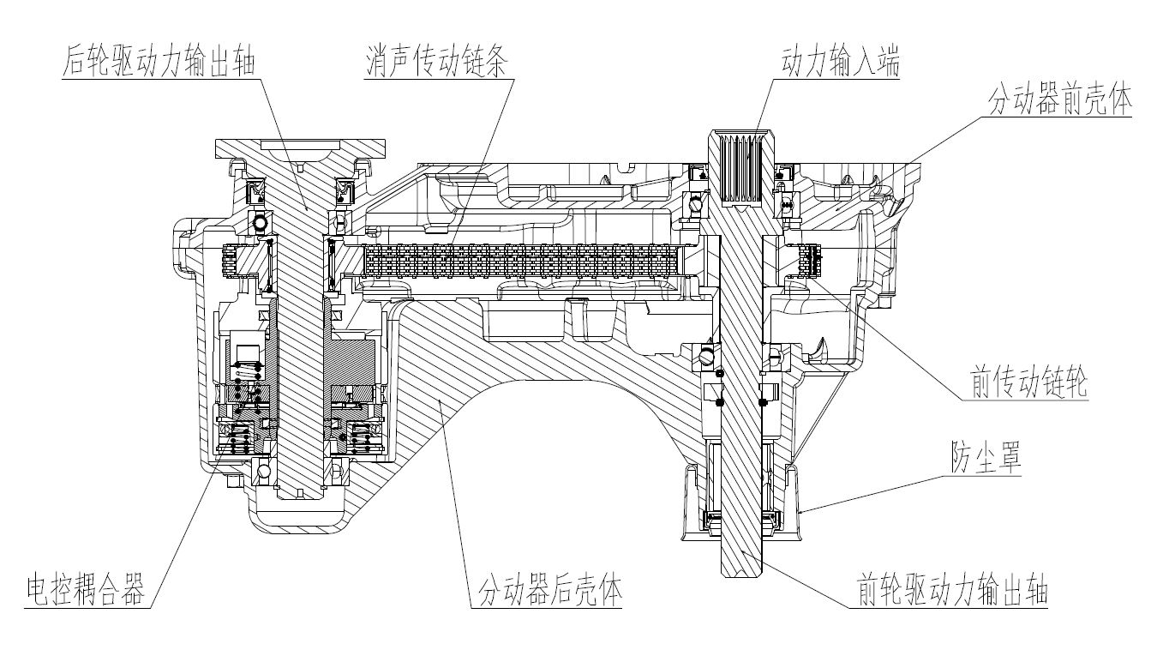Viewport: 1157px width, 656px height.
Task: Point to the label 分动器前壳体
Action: [x=1060, y=101]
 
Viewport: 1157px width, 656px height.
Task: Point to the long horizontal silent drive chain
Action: [x=523, y=260]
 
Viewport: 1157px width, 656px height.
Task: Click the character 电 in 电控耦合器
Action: [x=37, y=591]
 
